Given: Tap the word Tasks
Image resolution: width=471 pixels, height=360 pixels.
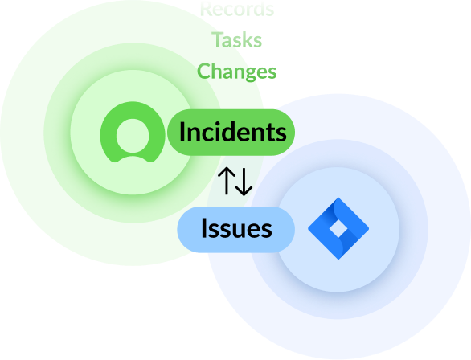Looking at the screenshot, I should pos(236,39).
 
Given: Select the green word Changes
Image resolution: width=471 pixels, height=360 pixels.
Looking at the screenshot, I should pos(236,71).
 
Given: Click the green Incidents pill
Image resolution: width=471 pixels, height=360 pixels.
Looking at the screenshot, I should pos(231,132).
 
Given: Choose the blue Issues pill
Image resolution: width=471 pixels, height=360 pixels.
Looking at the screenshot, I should pos(235,229).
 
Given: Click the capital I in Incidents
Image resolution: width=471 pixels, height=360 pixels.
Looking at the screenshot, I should pos(182,132).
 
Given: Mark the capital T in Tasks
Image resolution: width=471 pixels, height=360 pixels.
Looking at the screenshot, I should pos(217,39).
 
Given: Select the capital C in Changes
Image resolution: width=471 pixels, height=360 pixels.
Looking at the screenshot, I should pos(204,71).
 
